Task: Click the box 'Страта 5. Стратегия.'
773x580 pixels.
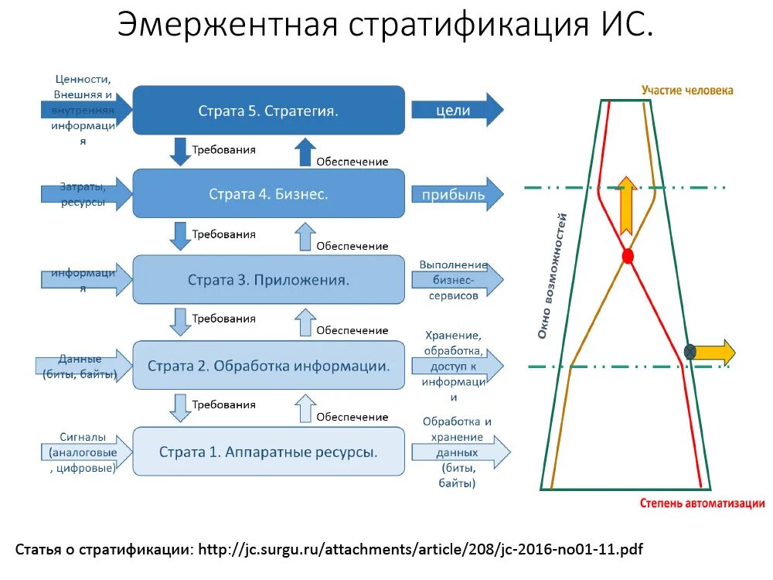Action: [269, 111]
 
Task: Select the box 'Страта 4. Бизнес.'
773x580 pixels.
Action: [269, 194]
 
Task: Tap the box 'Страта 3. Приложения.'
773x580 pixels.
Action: [269, 280]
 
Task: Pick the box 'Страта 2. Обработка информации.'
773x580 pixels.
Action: [269, 365]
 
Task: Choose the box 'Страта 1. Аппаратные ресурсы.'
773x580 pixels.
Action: [269, 451]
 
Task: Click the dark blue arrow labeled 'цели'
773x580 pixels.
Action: [456, 110]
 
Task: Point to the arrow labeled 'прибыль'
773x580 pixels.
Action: [456, 194]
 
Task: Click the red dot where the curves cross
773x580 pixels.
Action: [628, 256]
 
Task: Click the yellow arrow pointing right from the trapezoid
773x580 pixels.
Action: [715, 352]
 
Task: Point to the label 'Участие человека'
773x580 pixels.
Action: [687, 90]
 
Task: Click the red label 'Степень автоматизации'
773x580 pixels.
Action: [703, 503]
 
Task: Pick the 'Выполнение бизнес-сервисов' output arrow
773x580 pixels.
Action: [456, 280]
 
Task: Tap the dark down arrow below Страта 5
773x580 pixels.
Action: [180, 151]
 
